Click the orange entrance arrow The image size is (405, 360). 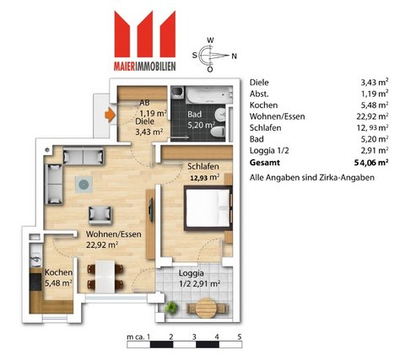tap(110, 115)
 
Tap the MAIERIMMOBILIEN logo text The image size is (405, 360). tap(145, 66)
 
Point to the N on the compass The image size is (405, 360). tap(234, 56)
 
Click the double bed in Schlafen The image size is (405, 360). tap(208, 208)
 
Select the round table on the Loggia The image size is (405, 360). tap(208, 308)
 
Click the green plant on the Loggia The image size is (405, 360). tap(171, 307)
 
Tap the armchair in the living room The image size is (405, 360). tap(100, 215)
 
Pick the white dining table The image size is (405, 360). tap(105, 277)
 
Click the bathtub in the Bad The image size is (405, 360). tap(209, 95)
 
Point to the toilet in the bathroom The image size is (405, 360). tap(219, 132)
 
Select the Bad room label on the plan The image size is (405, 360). tap(195, 114)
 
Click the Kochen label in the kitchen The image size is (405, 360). tap(58, 272)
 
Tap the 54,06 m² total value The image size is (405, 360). tap(371, 163)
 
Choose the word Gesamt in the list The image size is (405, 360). tap(265, 163)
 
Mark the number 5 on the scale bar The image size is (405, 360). tap(240, 336)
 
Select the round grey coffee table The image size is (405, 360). tap(84, 185)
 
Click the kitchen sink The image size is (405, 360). tap(35, 258)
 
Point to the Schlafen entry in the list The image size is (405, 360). tap(265, 128)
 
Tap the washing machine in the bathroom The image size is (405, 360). tap(178, 93)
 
